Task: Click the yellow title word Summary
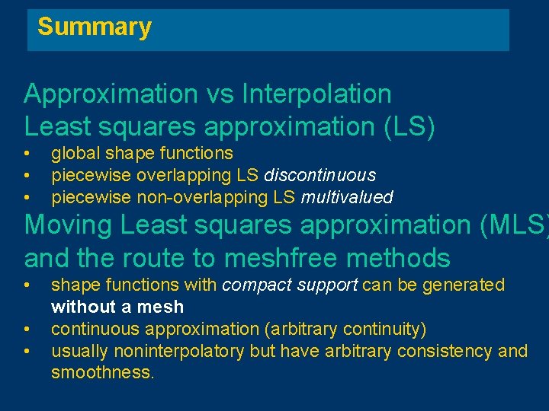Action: point(95,27)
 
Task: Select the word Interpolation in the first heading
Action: point(316,94)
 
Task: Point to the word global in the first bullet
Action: point(73,153)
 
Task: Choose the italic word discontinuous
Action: point(319,175)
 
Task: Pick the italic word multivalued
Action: point(347,197)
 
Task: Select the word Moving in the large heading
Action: point(69,226)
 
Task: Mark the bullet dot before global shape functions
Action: point(27,153)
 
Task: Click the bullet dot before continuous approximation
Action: point(27,329)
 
